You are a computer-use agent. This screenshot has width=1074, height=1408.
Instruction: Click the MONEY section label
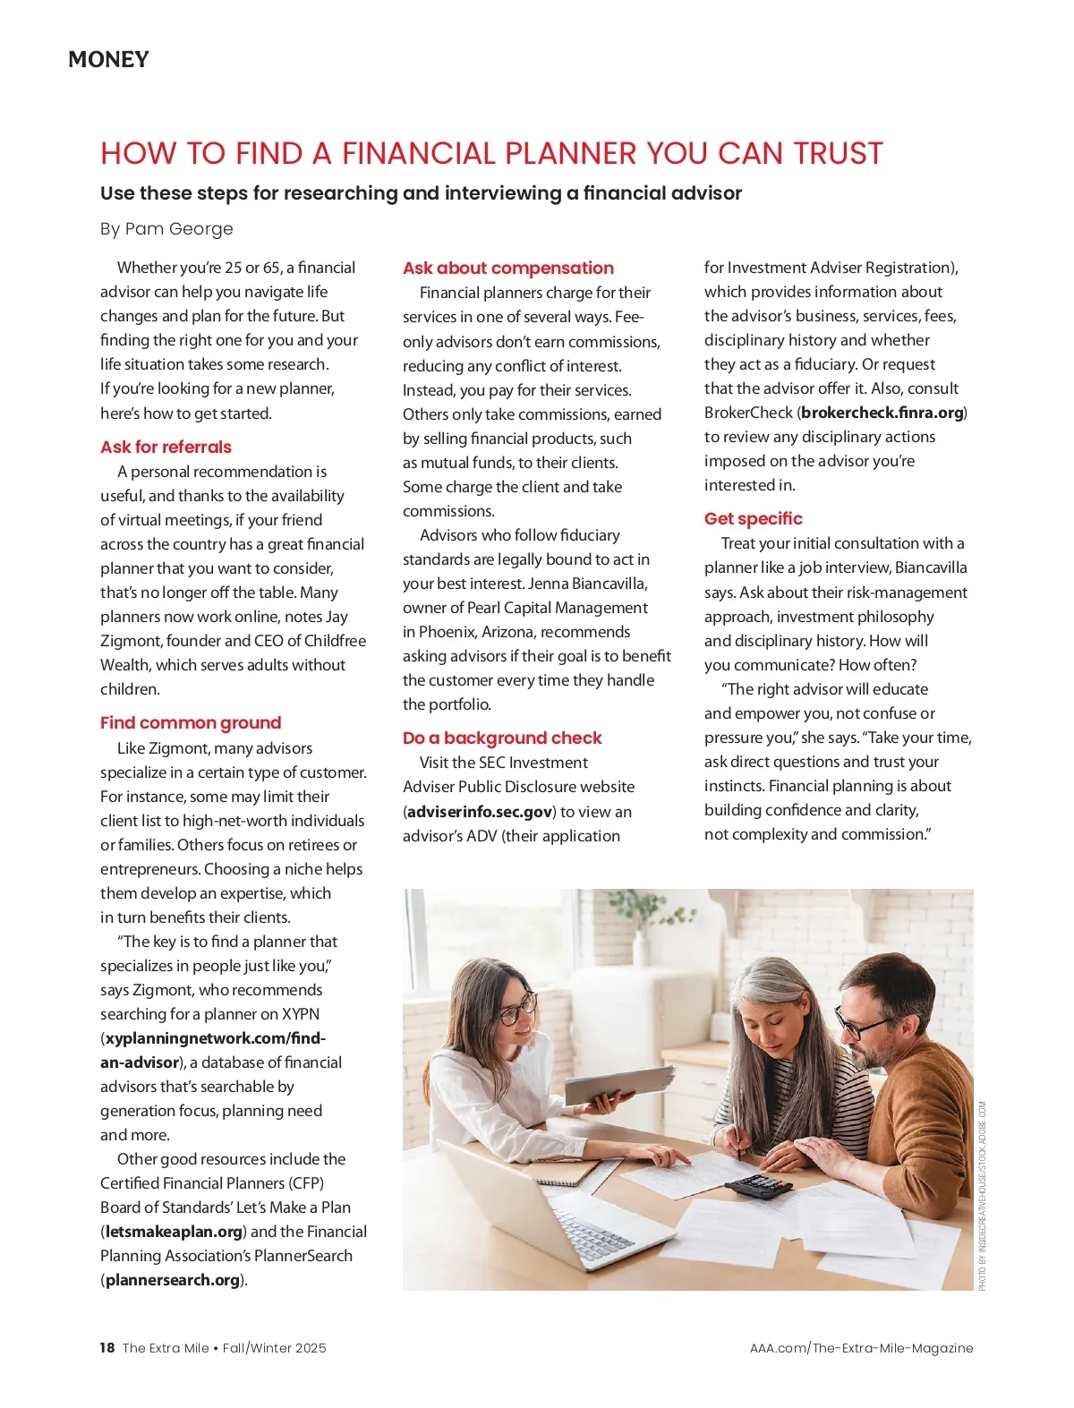pos(108,60)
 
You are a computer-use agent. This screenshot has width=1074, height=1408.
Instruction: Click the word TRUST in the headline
pos(838,154)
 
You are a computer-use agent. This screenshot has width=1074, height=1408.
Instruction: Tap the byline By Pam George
pos(166,229)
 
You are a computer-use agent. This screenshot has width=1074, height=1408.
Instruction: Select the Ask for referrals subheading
pos(166,447)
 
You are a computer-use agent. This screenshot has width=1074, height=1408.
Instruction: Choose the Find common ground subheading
pos(191,722)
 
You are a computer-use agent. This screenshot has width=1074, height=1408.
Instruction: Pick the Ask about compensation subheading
pos(507,268)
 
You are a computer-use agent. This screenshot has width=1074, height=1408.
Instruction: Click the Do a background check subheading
pos(502,738)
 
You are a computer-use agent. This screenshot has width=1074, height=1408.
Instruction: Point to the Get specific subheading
pos(753,518)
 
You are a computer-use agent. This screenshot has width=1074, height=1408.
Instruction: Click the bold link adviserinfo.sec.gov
pos(480,812)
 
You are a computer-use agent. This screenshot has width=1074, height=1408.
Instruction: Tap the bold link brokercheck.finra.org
pos(882,413)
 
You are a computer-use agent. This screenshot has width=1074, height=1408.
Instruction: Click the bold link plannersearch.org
pos(173,1280)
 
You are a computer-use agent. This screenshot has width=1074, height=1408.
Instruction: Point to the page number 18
pos(107,1348)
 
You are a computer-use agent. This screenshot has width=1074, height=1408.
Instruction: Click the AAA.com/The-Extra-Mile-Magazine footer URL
pos(861,1348)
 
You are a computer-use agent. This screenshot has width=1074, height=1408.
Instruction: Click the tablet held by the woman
pos(618,1084)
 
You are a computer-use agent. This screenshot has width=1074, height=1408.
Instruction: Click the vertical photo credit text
pos(982,1195)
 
